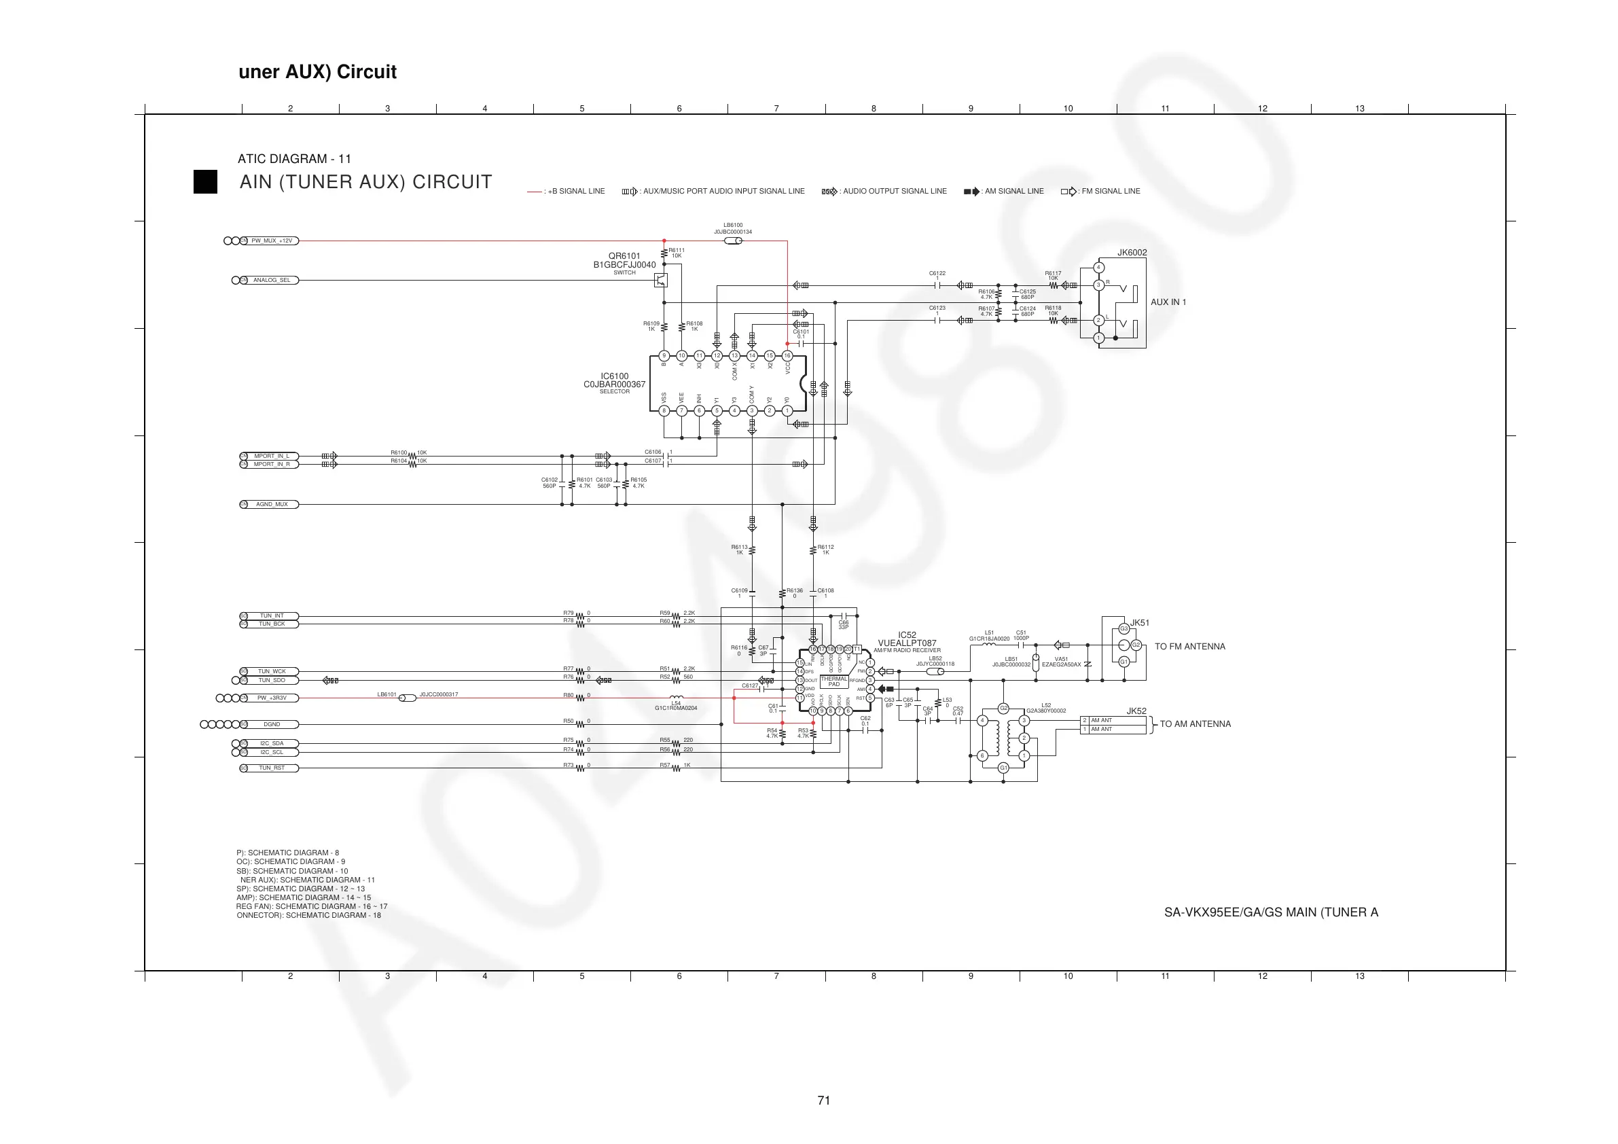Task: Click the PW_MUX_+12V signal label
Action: coord(271,241)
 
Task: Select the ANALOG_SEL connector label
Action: coord(271,281)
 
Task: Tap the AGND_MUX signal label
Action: coord(271,505)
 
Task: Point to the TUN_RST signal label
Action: coord(271,768)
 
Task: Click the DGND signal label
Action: coord(271,725)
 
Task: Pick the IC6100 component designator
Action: coord(615,376)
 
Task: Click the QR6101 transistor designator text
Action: coord(624,256)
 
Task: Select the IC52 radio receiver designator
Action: coord(907,635)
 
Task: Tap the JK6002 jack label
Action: coord(1132,253)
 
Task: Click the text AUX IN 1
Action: coord(1168,302)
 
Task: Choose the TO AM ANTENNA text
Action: coord(1195,724)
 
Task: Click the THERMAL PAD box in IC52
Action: coord(833,681)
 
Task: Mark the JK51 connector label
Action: coord(1140,623)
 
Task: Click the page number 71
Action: coord(823,1101)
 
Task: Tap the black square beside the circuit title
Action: coord(205,182)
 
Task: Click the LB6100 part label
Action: coord(733,226)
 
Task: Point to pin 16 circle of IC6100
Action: coord(787,356)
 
